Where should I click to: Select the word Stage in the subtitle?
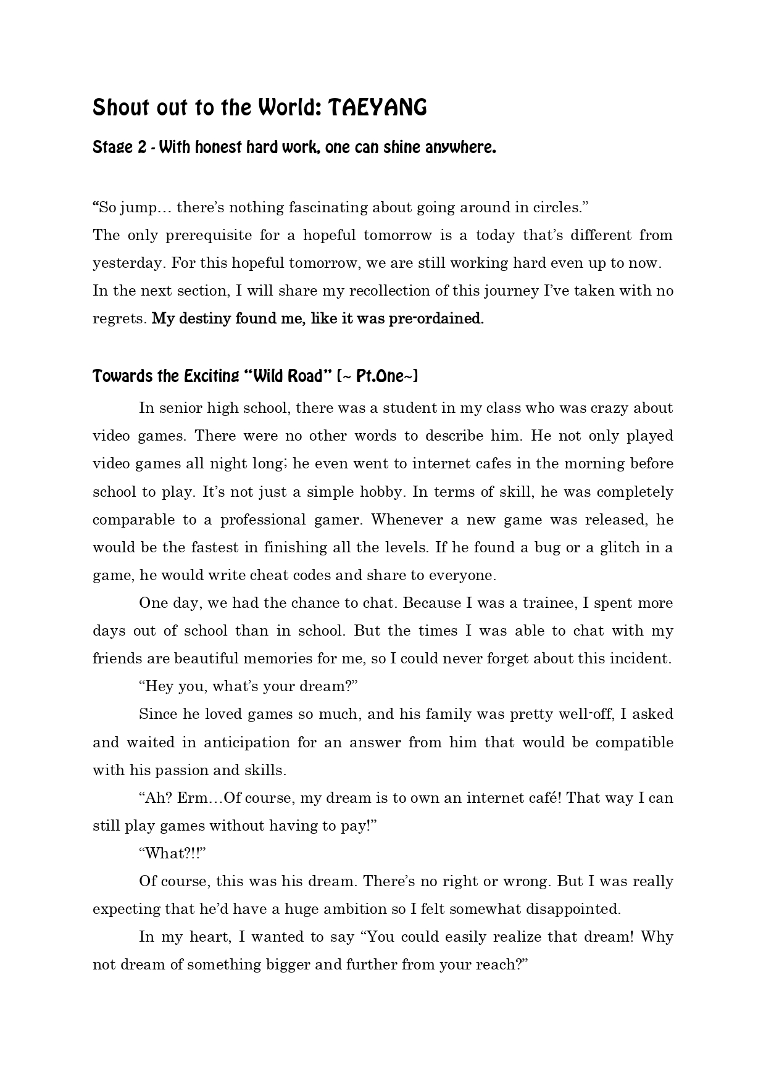tap(112, 148)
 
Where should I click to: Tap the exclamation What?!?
tap(172, 853)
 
